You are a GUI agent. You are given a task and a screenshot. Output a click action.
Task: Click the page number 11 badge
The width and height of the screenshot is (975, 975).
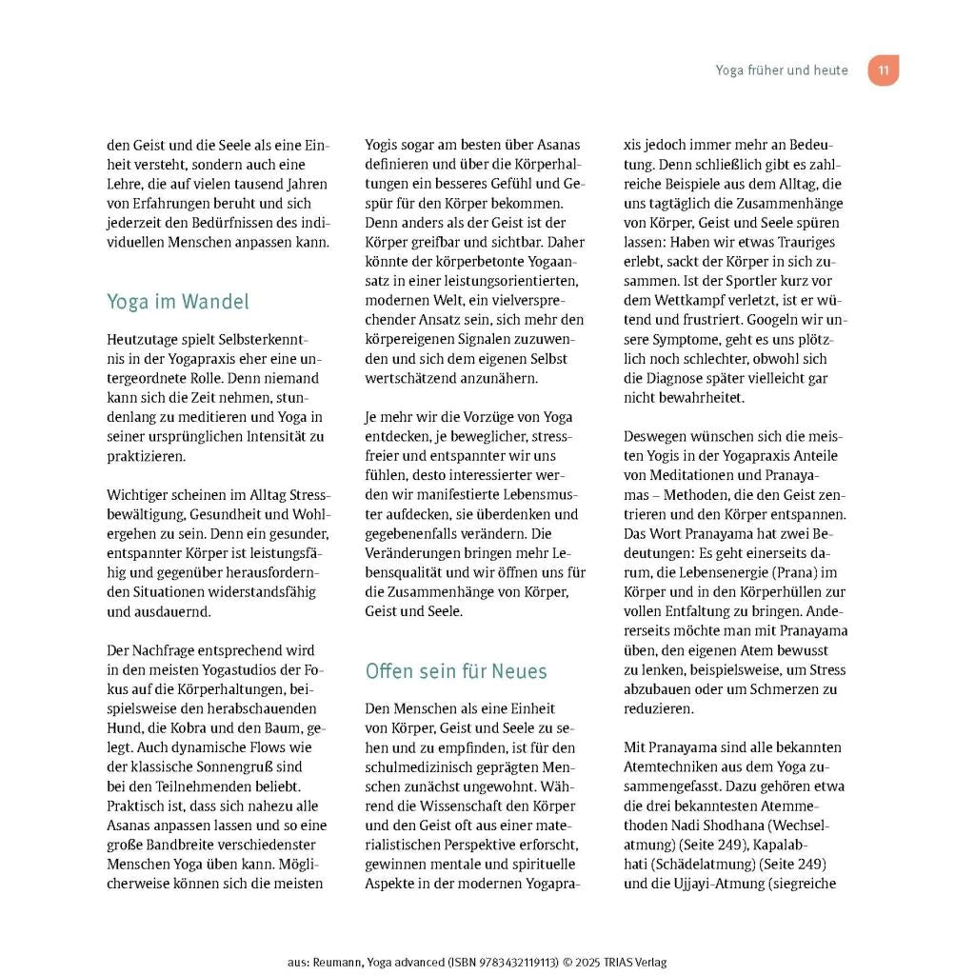coord(883,70)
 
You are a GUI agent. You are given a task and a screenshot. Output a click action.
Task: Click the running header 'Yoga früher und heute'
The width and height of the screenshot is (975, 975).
coord(781,70)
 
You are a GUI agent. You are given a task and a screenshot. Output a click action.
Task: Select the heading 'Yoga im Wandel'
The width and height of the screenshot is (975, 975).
coord(177,302)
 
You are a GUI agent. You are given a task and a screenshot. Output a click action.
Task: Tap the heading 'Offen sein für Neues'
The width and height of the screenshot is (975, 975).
coord(456,671)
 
